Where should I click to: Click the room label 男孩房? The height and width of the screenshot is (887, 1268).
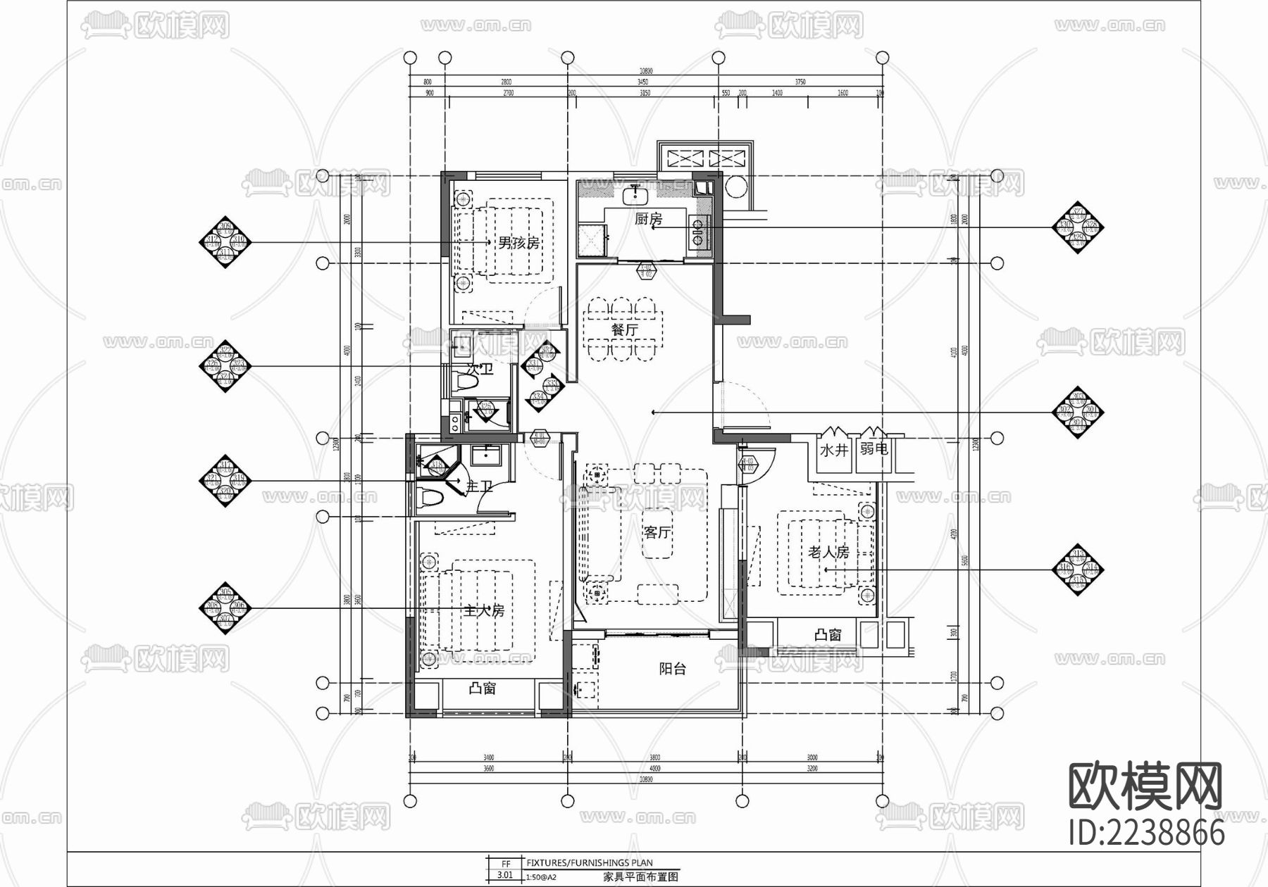518,243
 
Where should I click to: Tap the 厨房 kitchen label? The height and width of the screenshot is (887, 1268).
648,219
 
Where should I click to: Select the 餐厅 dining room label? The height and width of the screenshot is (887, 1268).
624,329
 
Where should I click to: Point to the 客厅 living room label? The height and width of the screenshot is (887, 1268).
657,532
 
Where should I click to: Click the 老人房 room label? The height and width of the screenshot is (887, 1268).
828,553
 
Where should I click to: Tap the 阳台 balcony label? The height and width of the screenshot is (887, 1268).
672,669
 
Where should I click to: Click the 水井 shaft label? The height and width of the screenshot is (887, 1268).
833,449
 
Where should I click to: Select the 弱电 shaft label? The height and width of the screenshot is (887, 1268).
874,448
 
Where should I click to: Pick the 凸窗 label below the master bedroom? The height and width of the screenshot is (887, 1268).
483,688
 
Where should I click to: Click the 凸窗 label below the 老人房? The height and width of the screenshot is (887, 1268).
828,635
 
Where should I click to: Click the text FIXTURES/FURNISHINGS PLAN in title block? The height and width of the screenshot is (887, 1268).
589,862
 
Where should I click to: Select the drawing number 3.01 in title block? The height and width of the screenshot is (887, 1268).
505,875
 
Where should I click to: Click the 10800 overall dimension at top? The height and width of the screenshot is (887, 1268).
646,71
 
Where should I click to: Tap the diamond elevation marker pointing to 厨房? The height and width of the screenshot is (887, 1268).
1077,227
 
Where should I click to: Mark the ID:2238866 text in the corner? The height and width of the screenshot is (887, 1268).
1146,833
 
